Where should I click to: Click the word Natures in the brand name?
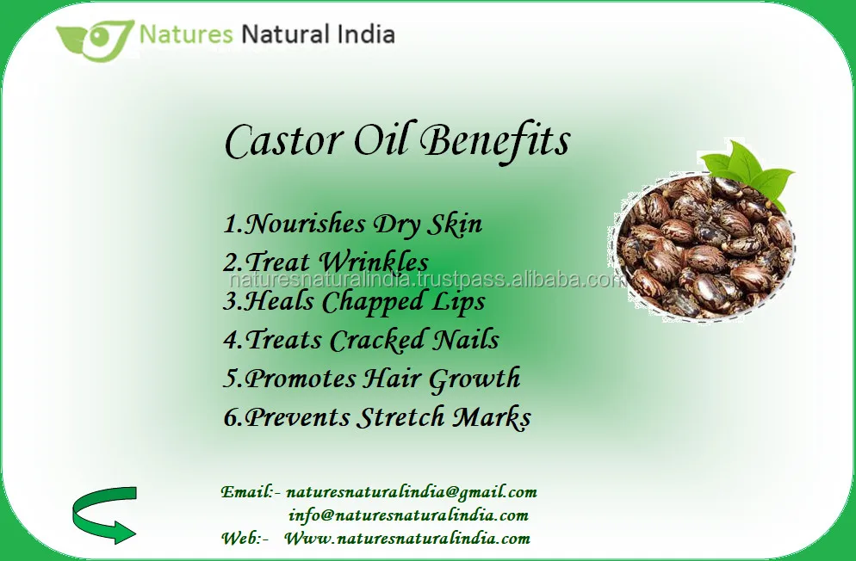pyautogui.click(x=186, y=35)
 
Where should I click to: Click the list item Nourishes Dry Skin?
pyautogui.click(x=352, y=225)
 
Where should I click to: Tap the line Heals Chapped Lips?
pyautogui.click(x=354, y=302)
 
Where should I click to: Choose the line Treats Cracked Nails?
pyautogui.click(x=361, y=340)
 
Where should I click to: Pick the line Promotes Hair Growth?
pyautogui.click(x=372, y=379)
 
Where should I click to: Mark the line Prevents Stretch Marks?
pyautogui.click(x=377, y=418)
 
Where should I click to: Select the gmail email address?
pyautogui.click(x=411, y=493)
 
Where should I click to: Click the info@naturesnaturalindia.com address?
pyautogui.click(x=408, y=516)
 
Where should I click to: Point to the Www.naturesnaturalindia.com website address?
pyautogui.click(x=407, y=539)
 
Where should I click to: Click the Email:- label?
pyautogui.click(x=251, y=493)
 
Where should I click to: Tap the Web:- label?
pyautogui.click(x=245, y=539)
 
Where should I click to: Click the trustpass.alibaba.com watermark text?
pyautogui.click(x=427, y=281)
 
